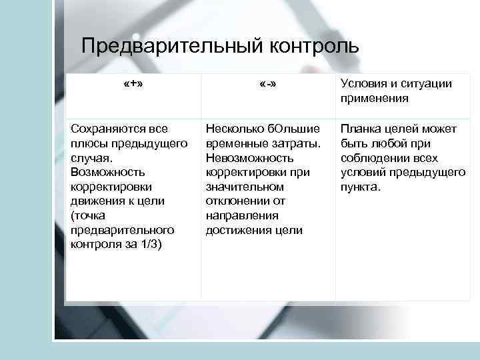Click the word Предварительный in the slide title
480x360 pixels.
point(173,47)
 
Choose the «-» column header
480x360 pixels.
point(268,84)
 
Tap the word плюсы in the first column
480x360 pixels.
point(87,143)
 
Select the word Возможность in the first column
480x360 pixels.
point(104,172)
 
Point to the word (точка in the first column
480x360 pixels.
point(86,215)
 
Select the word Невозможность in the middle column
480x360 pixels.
point(250,157)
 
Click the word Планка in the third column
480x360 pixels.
point(359,128)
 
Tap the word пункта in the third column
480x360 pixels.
point(359,187)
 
